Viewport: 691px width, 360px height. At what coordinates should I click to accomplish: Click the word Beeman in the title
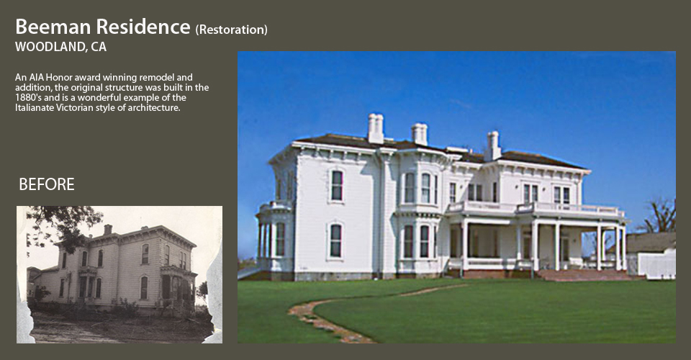(53, 27)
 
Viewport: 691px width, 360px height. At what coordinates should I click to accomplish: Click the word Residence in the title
(143, 27)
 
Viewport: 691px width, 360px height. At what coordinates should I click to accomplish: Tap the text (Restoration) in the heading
(231, 30)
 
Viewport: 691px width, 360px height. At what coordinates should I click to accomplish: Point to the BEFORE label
(47, 184)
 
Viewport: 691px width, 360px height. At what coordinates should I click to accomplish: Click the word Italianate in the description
(35, 108)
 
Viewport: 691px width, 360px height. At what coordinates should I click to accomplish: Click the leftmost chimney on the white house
(376, 128)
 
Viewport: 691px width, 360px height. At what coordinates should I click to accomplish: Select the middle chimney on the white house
(419, 134)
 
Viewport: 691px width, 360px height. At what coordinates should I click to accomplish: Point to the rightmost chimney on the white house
(492, 146)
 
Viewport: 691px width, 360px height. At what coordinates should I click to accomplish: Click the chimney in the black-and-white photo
(107, 229)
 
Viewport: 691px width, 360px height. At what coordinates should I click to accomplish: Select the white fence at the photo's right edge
(656, 264)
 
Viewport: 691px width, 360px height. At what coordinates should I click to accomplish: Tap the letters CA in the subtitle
(99, 47)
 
